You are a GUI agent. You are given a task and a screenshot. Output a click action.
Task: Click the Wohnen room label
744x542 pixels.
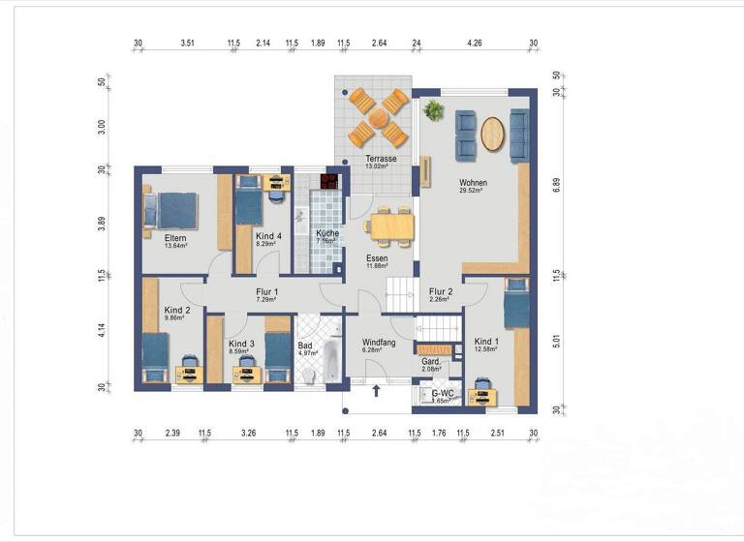[474, 182]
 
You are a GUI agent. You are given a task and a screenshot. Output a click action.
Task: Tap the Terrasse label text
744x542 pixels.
[379, 158]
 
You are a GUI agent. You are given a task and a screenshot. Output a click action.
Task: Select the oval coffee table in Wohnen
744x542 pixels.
[493, 134]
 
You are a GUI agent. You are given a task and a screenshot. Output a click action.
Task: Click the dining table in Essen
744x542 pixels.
[391, 226]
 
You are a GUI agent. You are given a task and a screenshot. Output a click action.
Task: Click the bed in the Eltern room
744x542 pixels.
[174, 211]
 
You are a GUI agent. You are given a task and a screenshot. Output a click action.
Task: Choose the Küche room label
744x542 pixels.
[326, 234]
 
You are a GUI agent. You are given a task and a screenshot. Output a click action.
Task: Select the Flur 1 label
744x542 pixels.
[266, 290]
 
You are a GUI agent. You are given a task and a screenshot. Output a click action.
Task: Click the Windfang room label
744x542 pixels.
[378, 343]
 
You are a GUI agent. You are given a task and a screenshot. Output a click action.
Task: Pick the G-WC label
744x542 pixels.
[443, 393]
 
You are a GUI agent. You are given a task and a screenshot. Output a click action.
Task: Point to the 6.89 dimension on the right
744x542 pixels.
[556, 185]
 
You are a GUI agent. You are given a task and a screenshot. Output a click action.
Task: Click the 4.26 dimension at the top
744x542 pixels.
[474, 44]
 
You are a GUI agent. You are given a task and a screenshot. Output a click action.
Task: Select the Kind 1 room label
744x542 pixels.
[486, 343]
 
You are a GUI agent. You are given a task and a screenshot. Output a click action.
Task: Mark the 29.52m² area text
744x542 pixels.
[472, 192]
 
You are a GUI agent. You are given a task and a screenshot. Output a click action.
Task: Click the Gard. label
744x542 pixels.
[431, 361]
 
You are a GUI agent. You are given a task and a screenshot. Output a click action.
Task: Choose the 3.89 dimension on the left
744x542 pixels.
[100, 225]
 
